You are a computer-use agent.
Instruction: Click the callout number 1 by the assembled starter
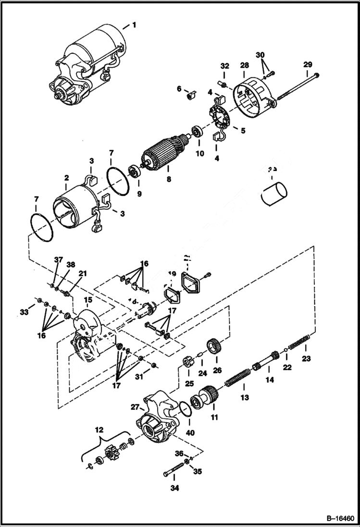135,25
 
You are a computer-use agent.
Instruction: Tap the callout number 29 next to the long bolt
308,64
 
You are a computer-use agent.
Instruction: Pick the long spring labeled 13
237,375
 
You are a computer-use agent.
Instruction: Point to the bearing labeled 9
135,172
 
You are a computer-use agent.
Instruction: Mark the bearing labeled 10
197,133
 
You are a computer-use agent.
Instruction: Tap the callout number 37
58,260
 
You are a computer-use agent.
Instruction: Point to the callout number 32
224,66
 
